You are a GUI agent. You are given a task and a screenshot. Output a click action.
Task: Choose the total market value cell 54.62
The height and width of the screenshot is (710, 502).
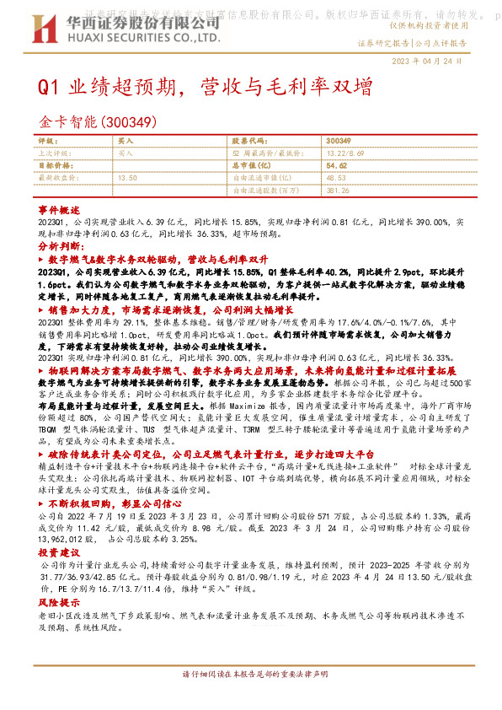(337, 166)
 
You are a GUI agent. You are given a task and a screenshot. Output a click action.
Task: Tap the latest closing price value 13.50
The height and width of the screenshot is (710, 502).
(127, 179)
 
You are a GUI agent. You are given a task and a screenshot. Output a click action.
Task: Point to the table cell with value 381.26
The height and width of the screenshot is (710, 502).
(338, 191)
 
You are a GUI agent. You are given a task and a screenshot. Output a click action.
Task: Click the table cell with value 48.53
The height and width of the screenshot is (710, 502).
(336, 179)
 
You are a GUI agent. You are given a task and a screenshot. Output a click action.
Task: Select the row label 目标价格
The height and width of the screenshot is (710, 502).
(54, 166)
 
